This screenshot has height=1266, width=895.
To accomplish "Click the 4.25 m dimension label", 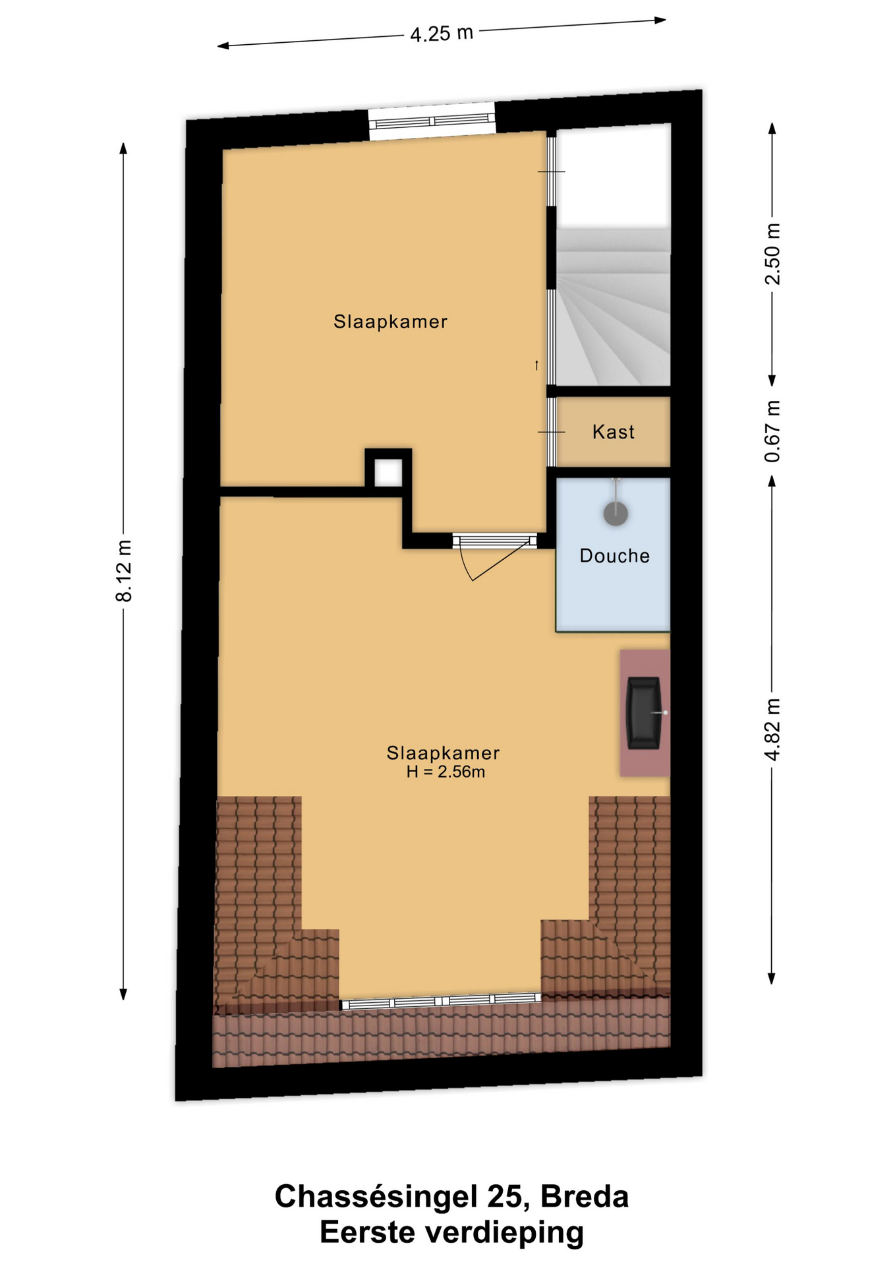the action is pos(442,33).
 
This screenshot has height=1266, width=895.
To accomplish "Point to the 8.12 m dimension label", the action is pos(124,570).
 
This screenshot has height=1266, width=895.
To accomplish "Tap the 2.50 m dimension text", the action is pos(772,254).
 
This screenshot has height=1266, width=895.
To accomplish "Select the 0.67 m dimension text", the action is pos(772,431).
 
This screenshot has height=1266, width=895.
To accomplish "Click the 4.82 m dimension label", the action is pos(772,729).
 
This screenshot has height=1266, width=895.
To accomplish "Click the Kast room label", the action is pos(614,432).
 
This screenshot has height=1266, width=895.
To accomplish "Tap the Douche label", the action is pos(615,556).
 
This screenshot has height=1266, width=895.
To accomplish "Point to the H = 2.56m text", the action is pos(446,771).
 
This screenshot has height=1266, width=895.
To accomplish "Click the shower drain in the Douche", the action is pos(616,513).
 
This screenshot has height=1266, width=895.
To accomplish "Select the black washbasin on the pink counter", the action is pos(644,713).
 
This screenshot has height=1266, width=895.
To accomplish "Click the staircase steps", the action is pos(614,307).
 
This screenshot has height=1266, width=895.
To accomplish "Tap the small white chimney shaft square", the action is pos(388,473).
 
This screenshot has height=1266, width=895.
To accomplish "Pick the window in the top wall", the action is pos(432,121).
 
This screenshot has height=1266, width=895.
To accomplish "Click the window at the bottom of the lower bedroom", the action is pos(440,1001).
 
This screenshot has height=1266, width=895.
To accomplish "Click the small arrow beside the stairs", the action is pos(536,365).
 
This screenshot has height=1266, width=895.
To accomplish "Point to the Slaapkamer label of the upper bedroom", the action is pos(390,322).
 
